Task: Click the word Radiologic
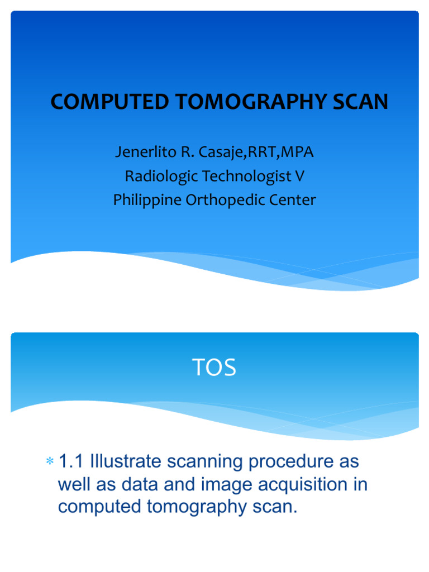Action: point(160,176)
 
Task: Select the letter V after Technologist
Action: point(299,176)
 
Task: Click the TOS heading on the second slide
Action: point(214,368)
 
